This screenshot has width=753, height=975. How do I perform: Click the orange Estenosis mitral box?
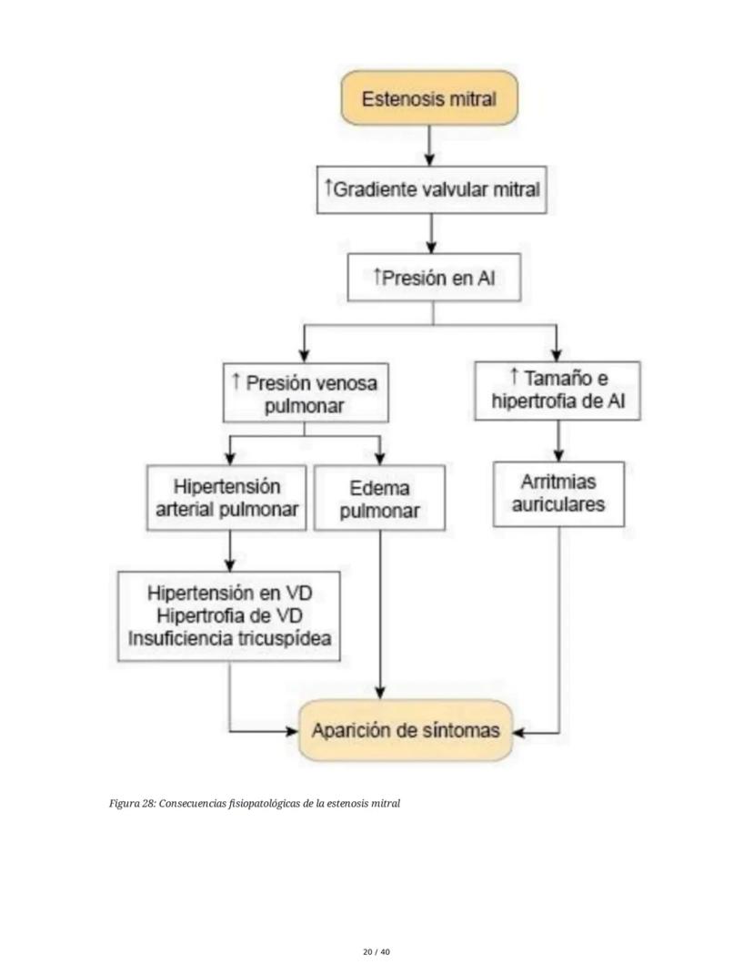tap(428, 98)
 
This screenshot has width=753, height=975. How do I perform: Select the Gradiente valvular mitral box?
tap(432, 189)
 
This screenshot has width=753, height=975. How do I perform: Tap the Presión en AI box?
tap(434, 278)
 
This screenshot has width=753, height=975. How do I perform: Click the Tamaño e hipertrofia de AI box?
tap(556, 390)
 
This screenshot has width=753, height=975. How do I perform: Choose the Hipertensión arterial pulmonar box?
tap(227, 499)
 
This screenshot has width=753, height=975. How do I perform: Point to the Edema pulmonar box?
tap(379, 499)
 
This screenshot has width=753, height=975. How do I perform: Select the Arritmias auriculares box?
tap(558, 493)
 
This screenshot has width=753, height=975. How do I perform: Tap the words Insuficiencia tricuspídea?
tap(229, 638)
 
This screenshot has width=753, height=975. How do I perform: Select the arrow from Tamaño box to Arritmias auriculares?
tap(557, 441)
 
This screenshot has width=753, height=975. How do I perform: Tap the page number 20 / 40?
tap(376, 951)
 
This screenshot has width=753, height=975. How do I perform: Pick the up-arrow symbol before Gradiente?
tap(328, 188)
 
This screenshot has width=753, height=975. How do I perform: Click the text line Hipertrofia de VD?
tap(230, 614)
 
